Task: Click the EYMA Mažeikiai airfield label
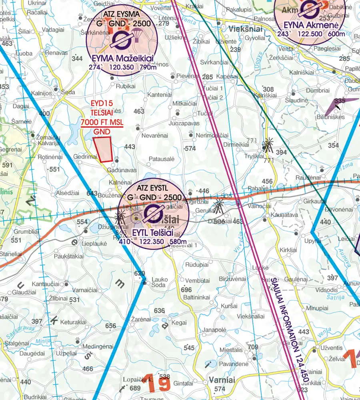click(122, 58)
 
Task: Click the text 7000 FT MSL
click(102, 122)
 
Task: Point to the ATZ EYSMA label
click(121, 14)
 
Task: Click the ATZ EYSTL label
click(153, 188)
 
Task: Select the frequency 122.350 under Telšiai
click(152, 241)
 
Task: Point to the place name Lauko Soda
click(159, 282)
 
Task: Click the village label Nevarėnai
click(155, 136)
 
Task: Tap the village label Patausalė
click(162, 159)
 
